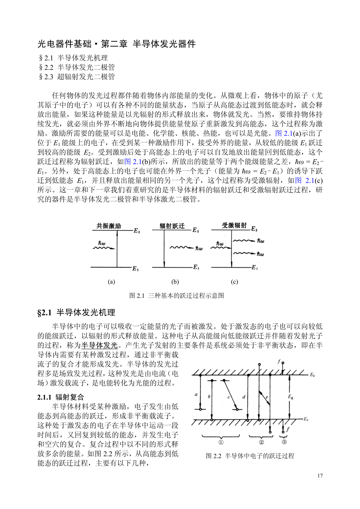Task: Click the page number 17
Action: tap(320, 476)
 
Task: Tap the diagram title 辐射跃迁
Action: tap(172, 226)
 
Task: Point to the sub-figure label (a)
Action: tap(112, 282)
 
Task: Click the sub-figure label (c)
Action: tap(235, 282)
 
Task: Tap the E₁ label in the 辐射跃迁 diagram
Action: tap(196, 267)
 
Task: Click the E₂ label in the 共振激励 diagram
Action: tap(137, 231)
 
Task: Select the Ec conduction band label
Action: tap(312, 375)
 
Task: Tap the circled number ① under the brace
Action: tap(221, 442)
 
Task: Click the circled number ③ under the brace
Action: tap(284, 442)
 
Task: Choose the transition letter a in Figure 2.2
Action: tap(196, 395)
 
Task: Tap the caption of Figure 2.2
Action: tap(250, 456)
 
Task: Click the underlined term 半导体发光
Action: tap(99, 345)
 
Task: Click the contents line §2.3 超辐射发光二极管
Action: tap(77, 77)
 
